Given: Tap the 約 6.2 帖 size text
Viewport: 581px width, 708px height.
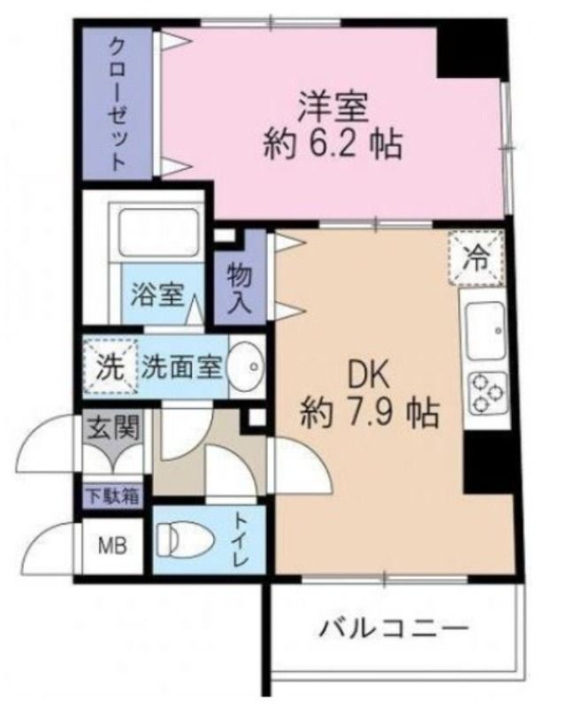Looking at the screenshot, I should (333, 142).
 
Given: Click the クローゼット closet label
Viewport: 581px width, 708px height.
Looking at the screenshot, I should (118, 103).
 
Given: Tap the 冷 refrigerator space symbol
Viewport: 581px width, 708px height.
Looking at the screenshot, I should (476, 258).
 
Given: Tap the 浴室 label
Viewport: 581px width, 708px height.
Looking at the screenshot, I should (157, 295).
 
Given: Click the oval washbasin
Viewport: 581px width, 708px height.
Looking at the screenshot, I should (248, 364).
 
